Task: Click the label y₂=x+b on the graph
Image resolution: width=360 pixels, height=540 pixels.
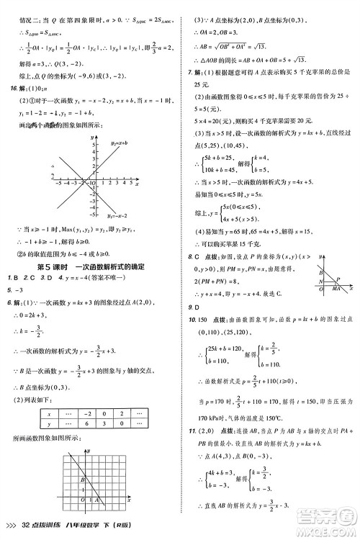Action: (x=122, y=145)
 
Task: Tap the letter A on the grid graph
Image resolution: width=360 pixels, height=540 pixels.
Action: (x=92, y=500)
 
